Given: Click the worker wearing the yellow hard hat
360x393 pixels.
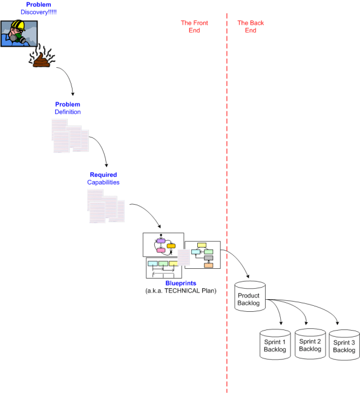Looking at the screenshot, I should click(x=18, y=33).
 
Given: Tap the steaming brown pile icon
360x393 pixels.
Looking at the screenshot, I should click(x=42, y=59).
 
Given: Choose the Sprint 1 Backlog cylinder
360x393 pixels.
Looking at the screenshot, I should click(x=275, y=346).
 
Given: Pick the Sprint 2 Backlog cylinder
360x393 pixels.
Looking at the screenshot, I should click(x=310, y=345).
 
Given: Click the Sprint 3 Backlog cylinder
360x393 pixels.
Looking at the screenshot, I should click(x=344, y=346).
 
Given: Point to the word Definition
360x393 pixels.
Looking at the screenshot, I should click(x=67, y=112).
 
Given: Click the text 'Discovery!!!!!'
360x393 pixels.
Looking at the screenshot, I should click(x=38, y=12).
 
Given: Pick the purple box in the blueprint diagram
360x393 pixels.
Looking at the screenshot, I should click(x=160, y=241).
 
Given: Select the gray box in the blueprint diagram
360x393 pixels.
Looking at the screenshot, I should click(x=208, y=258).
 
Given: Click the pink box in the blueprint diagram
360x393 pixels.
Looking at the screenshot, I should click(x=161, y=250).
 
